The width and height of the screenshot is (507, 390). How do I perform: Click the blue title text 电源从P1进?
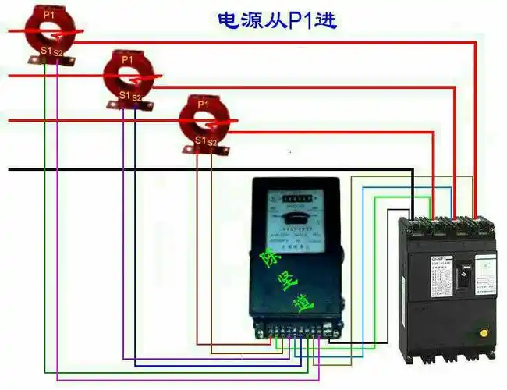pos(276,19)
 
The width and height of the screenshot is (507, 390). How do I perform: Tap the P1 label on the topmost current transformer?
pos(49,13)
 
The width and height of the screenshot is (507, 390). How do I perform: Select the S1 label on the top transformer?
pos(46,51)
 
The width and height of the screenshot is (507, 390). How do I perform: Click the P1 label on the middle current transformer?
pos(127,59)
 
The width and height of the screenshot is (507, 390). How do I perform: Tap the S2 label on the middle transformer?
pos(136,97)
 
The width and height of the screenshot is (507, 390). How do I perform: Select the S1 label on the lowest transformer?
pos(201,140)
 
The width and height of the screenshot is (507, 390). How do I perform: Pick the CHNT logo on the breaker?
pos(439,256)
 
